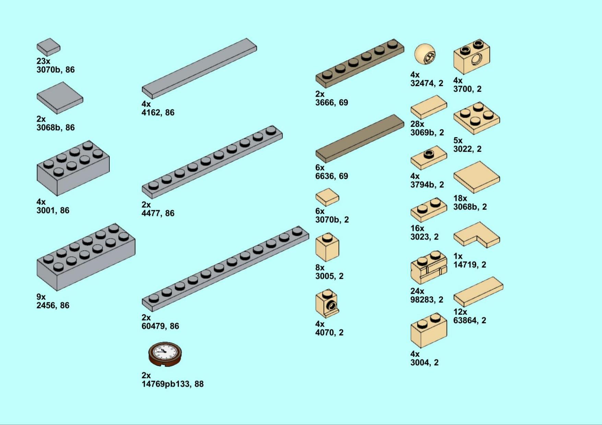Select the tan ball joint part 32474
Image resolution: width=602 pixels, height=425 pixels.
click(425, 54)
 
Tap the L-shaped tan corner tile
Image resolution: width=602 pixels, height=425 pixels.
click(477, 235)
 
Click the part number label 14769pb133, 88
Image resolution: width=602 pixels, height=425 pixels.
click(173, 384)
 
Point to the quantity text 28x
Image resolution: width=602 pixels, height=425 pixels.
click(417, 124)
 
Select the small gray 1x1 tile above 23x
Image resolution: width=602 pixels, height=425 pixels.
click(48, 47)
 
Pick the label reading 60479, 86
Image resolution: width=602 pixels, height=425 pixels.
click(160, 326)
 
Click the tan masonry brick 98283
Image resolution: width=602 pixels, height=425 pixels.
click(429, 267)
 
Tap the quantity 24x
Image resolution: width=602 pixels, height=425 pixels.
click(417, 291)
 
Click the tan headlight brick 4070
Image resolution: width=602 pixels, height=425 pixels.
click(327, 304)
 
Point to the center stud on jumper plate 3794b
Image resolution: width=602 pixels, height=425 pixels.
click(428, 154)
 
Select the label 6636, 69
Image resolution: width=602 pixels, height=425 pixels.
click(332, 176)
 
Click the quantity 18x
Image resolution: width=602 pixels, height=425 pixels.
click(460, 198)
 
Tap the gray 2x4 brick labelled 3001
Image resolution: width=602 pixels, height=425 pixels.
click(73, 168)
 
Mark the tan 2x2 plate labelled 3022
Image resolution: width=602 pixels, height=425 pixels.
click(477, 118)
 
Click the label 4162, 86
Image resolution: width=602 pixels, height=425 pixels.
click(158, 112)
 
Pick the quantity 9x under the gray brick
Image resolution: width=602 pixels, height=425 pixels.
click(41, 297)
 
